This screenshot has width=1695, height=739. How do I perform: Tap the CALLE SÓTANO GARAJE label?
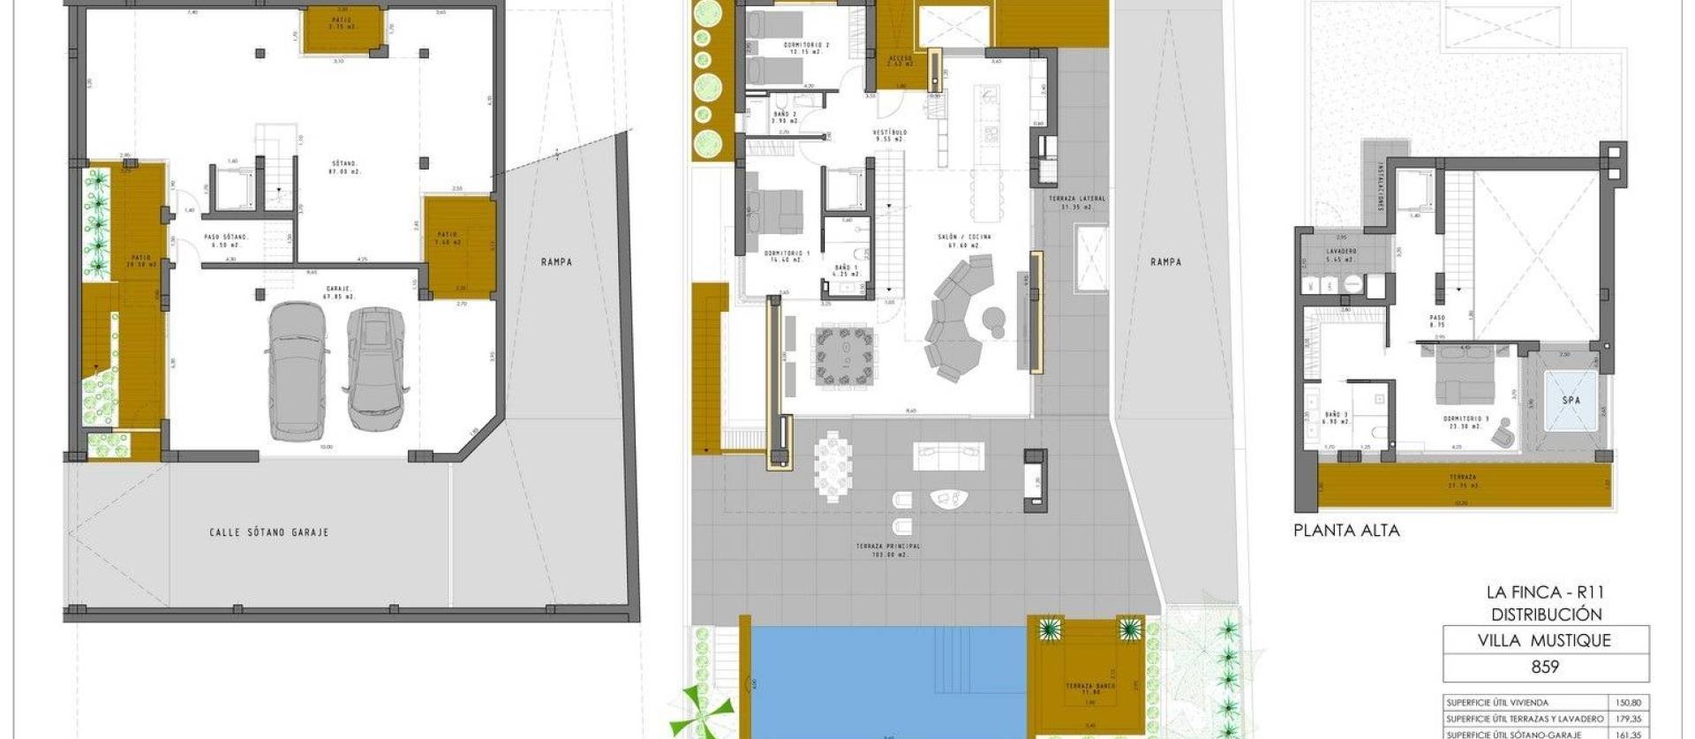coord(269,532)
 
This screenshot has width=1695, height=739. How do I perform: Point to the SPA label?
coord(1571,400)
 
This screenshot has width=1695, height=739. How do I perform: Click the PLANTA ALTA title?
coord(1346,531)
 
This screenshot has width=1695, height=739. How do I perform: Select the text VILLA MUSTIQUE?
coord(1544,641)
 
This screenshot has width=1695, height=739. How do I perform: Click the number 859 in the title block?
coord(1544,667)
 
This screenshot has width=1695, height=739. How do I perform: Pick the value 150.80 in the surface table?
coord(1632,703)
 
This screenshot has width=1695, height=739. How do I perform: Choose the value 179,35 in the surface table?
coord(1632,719)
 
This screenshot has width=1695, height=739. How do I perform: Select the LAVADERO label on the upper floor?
coord(1340,253)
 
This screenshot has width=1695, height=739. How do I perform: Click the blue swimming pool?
coord(883,680)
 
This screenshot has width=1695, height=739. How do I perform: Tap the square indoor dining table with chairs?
coord(847,355)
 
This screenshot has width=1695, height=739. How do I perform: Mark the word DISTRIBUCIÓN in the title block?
coord(1546,615)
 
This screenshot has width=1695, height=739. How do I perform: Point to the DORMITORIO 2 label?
coord(806,45)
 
